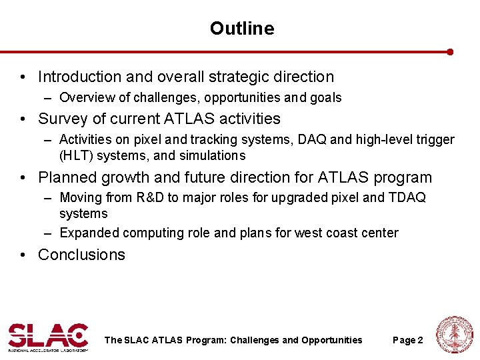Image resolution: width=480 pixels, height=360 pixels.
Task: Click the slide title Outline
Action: pyautogui.click(x=241, y=28)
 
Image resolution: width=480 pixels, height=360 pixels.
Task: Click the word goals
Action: pyautogui.click(x=325, y=98)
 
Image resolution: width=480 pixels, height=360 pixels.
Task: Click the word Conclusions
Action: pyautogui.click(x=81, y=255)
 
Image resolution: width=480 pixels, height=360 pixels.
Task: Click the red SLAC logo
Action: pyautogui.click(x=48, y=336)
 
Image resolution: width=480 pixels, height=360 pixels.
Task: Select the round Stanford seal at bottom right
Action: pyautogui.click(x=454, y=335)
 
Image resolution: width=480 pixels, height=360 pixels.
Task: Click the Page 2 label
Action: pyautogui.click(x=408, y=341)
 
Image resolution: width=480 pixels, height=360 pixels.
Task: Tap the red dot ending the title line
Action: pyautogui.click(x=451, y=51)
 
